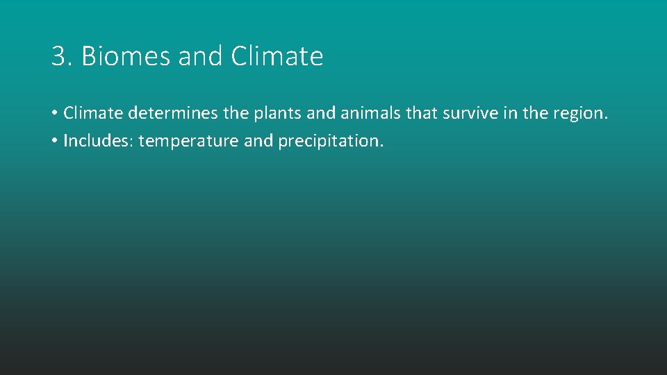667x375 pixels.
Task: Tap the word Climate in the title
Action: click(277, 56)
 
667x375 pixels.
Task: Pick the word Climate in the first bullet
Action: click(93, 112)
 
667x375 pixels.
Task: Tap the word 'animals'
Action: click(369, 112)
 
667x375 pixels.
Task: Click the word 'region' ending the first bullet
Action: click(579, 112)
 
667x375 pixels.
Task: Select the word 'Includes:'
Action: click(98, 141)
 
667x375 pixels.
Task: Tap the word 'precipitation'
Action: click(330, 141)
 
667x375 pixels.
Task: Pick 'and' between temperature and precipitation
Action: click(258, 141)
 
